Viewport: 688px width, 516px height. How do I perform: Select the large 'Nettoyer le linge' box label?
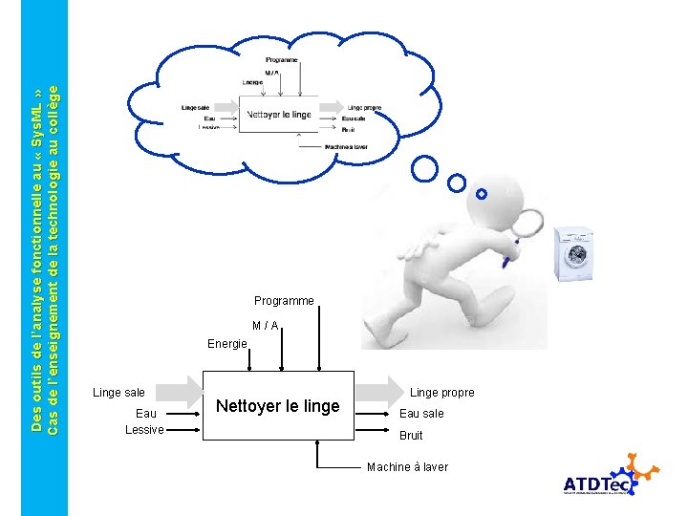coord(277,406)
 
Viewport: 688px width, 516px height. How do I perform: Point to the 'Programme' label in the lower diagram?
coord(284,301)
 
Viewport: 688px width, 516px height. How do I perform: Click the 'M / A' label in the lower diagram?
coord(266,326)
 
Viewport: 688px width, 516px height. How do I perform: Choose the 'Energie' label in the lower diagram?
coord(227,344)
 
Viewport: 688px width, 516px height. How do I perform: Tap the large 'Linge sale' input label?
coord(118,393)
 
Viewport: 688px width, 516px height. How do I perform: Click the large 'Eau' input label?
coord(146,414)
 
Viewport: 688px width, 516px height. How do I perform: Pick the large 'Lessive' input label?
coord(144,430)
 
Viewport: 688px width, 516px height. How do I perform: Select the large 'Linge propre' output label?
coord(441,393)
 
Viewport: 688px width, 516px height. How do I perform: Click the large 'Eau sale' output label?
coord(421,414)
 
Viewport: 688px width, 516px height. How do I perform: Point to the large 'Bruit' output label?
coord(411,436)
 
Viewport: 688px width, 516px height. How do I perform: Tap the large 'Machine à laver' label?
coord(407,467)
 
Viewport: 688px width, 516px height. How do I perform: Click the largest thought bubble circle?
coord(424,170)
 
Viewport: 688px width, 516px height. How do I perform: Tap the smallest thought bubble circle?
coord(482,194)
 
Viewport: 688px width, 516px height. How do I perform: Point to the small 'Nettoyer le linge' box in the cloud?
coord(278,115)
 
